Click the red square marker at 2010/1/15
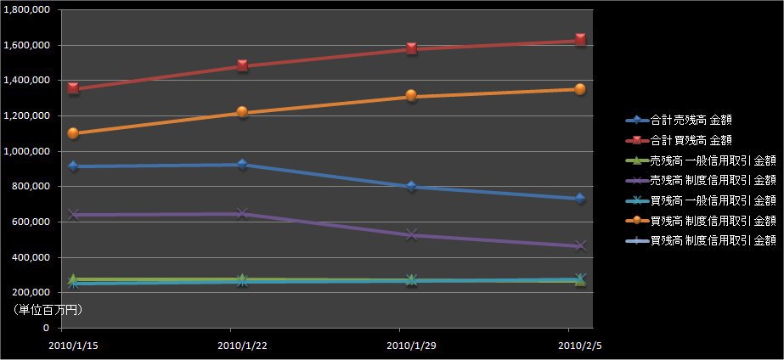(x=74, y=88)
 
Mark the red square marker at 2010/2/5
(x=580, y=40)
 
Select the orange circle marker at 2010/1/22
(x=242, y=112)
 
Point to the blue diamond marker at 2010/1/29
(x=411, y=187)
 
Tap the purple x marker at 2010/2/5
(x=580, y=245)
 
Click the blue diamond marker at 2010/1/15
(x=74, y=166)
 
